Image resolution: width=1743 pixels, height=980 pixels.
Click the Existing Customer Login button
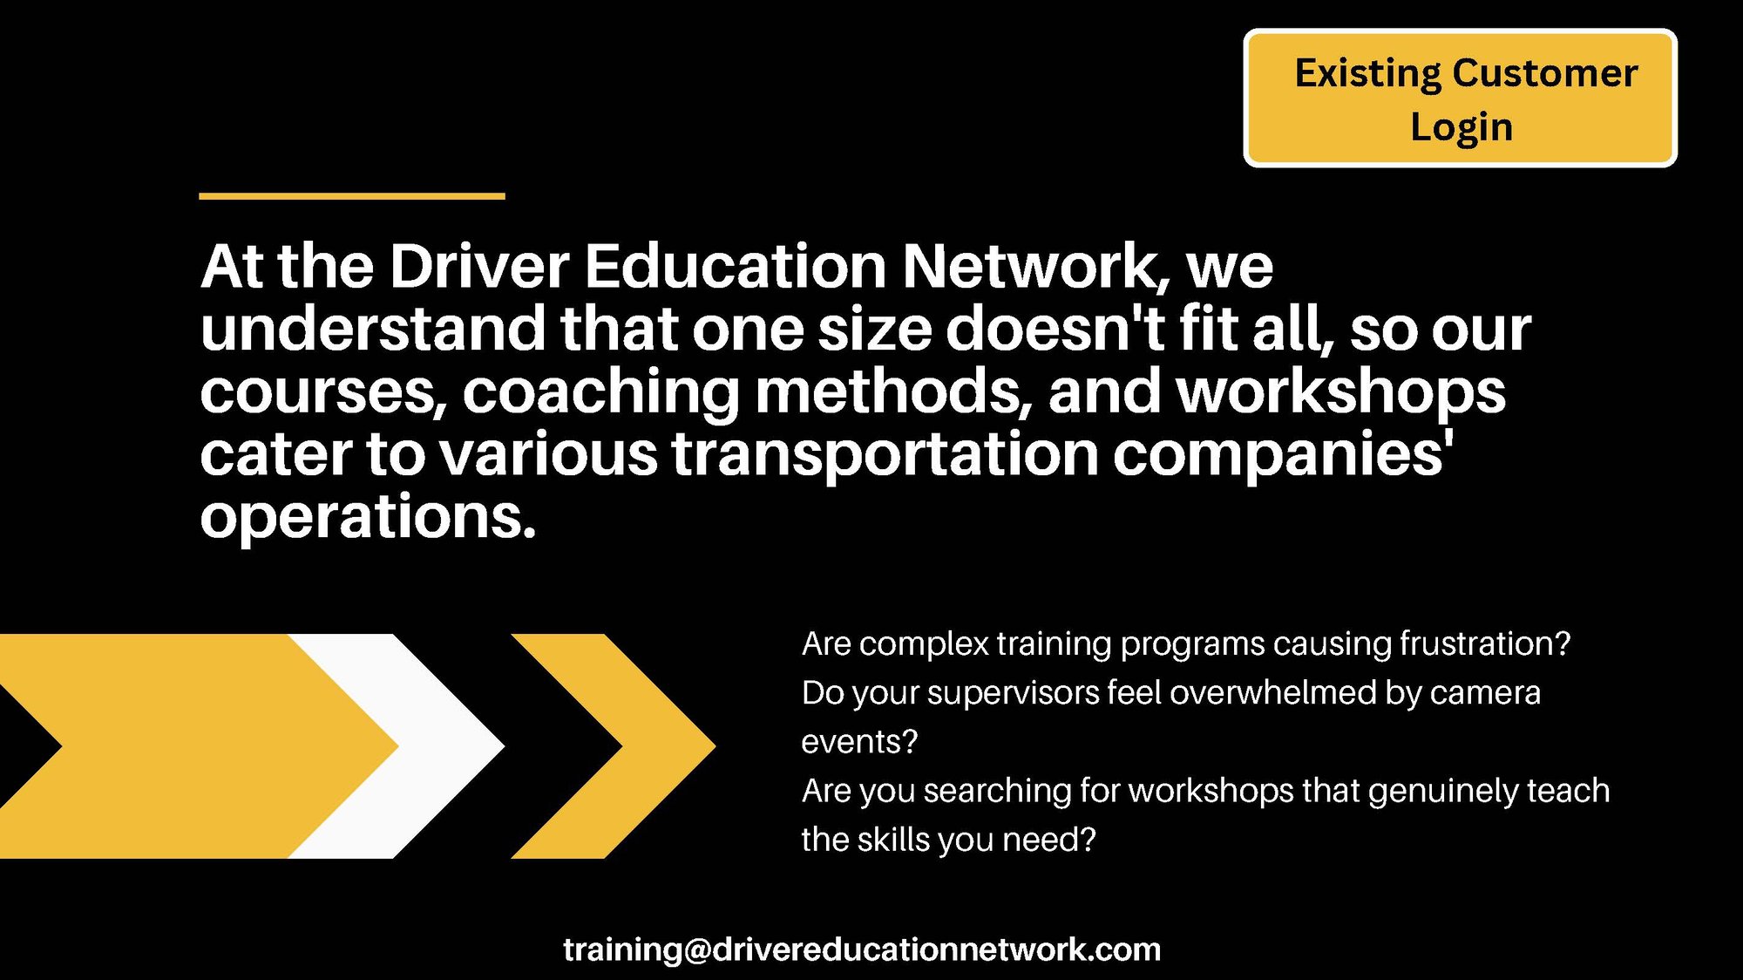pyautogui.click(x=1460, y=98)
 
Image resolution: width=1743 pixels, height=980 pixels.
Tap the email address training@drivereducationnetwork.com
pyautogui.click(x=861, y=949)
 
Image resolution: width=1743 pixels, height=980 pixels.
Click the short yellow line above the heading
pyautogui.click(x=352, y=196)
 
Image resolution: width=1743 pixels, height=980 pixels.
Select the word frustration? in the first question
pyautogui.click(x=1484, y=643)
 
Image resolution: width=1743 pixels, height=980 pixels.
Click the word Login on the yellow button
pyautogui.click(x=1462, y=127)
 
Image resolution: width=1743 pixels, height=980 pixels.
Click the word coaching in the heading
pyautogui.click(x=600, y=392)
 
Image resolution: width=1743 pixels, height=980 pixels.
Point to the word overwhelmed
pyautogui.click(x=1272, y=693)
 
